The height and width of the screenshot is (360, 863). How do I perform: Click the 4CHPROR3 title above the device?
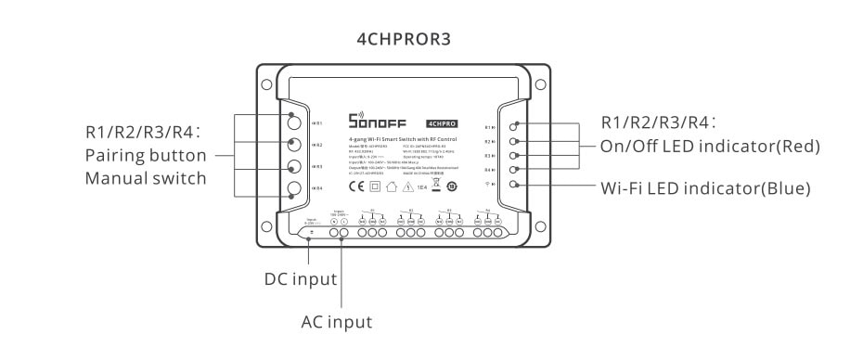click(x=405, y=40)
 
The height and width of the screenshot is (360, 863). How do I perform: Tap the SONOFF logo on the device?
click(x=377, y=122)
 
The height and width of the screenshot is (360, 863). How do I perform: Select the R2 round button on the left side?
click(x=295, y=145)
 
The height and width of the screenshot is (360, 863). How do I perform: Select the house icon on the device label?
click(x=391, y=186)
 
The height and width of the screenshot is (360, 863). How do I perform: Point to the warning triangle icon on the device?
click(x=406, y=186)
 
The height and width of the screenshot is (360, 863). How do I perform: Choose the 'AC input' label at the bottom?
click(x=336, y=322)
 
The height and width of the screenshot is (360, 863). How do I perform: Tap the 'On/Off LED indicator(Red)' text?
click(x=711, y=146)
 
